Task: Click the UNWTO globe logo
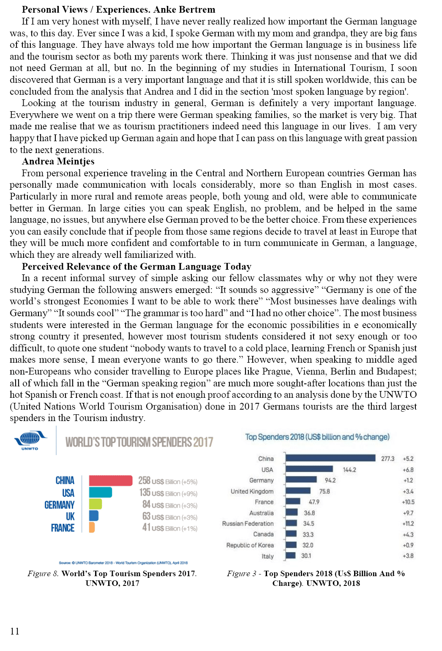[x=30, y=439]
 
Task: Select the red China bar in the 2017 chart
[x=111, y=481]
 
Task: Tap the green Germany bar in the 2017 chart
[x=95, y=504]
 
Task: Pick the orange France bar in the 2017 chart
[x=92, y=527]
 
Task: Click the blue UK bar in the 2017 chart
[x=94, y=516]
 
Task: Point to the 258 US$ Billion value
[x=167, y=481]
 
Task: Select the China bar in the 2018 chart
[x=330, y=458]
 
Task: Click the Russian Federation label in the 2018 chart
[x=248, y=524]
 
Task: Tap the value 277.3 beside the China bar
[x=387, y=459]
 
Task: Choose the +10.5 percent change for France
[x=408, y=502]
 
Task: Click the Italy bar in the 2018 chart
[x=290, y=556]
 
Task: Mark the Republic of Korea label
[x=250, y=545]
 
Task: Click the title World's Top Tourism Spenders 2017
[x=139, y=442]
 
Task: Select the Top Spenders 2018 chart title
[x=317, y=437]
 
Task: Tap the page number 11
[x=15, y=631]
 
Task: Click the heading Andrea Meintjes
[x=58, y=161]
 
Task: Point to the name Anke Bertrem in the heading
[x=184, y=10]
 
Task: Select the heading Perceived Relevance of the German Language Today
[x=136, y=267]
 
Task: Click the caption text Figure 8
[x=43, y=574]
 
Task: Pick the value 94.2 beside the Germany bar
[x=330, y=481]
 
